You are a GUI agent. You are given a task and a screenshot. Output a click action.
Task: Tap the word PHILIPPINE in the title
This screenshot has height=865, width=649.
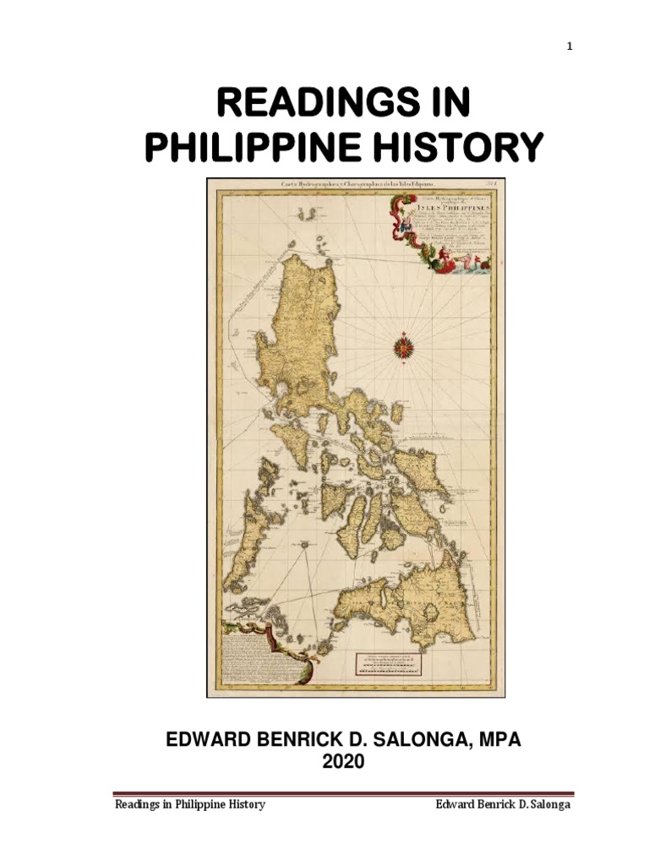[x=238, y=148]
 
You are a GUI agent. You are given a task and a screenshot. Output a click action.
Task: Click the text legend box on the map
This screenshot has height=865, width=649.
[x=262, y=659]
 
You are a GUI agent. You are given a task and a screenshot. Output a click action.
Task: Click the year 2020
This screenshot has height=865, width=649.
[x=336, y=762]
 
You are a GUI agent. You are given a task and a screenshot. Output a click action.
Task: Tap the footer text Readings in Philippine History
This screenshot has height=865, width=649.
[x=190, y=804]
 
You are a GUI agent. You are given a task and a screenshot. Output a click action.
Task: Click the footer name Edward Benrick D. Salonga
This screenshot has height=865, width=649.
[x=504, y=804]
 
